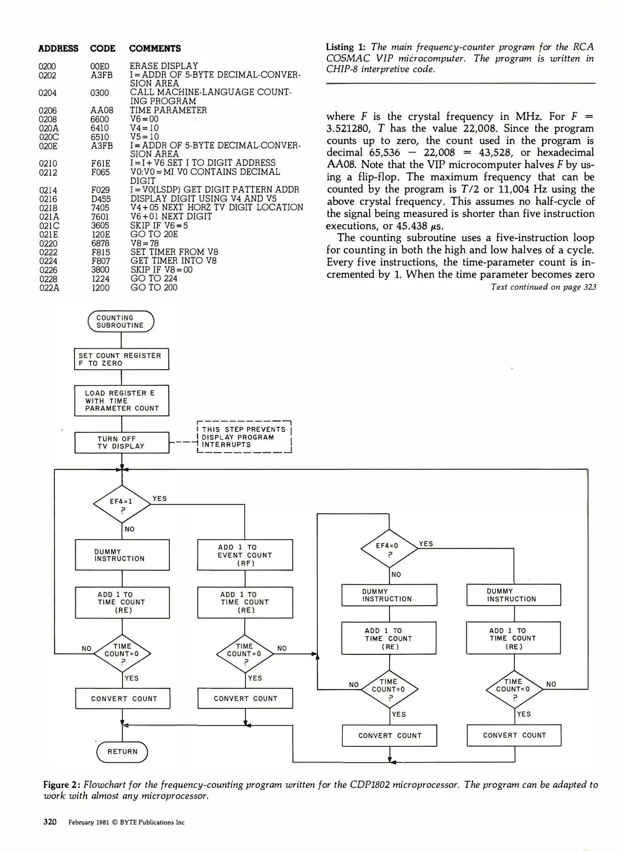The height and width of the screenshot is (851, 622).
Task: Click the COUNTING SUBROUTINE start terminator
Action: click(121, 321)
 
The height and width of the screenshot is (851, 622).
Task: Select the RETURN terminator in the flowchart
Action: click(122, 752)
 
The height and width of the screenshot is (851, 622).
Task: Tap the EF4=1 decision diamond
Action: click(122, 504)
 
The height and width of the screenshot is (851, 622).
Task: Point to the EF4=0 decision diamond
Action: click(389, 549)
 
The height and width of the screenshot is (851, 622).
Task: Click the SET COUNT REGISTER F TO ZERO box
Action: click(121, 359)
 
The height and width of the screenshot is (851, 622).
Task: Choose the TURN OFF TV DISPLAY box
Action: click(122, 442)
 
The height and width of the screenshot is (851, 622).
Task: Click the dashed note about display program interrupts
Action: click(244, 437)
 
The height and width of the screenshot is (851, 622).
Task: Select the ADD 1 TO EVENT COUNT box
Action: click(245, 555)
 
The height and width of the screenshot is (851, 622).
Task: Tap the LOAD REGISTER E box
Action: click(122, 401)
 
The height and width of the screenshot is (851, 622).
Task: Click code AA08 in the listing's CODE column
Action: click(102, 111)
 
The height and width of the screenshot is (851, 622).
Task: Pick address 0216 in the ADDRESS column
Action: click(48, 199)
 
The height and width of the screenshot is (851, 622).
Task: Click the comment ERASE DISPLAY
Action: click(164, 66)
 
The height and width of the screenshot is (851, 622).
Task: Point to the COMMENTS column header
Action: click(155, 48)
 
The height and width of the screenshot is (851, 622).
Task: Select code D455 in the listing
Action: click(101, 199)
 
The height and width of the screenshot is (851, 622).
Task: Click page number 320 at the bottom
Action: click(50, 822)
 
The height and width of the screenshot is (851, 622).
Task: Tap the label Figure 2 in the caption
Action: click(61, 785)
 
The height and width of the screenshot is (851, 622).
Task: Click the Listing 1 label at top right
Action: click(345, 47)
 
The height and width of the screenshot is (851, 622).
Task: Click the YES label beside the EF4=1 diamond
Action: click(160, 499)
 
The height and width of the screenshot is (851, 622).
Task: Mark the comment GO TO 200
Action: click(154, 288)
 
